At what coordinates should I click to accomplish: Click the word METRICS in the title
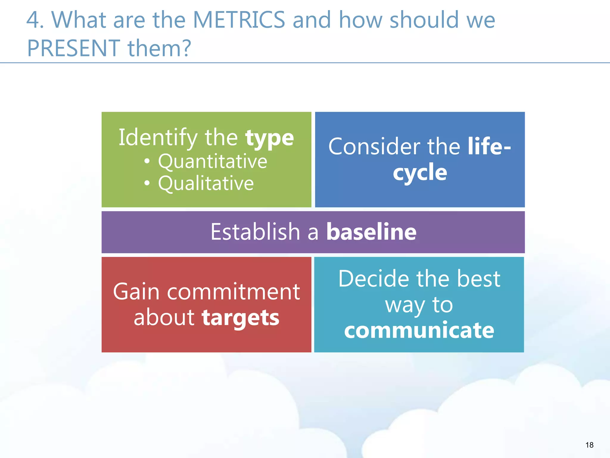pyautogui.click(x=239, y=20)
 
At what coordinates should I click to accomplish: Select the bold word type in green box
pyautogui.click(x=269, y=138)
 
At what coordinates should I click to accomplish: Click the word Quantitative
pyautogui.click(x=212, y=161)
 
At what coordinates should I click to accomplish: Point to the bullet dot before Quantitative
pyautogui.click(x=147, y=162)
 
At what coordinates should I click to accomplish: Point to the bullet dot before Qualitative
pyautogui.click(x=147, y=183)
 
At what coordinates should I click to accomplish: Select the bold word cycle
pyautogui.click(x=420, y=173)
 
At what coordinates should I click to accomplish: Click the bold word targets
pyautogui.click(x=240, y=318)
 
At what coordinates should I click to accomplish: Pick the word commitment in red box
pyautogui.click(x=233, y=292)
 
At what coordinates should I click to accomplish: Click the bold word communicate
pyautogui.click(x=419, y=330)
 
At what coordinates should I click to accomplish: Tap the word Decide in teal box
pyautogui.click(x=374, y=279)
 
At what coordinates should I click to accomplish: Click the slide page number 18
pyautogui.click(x=589, y=445)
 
